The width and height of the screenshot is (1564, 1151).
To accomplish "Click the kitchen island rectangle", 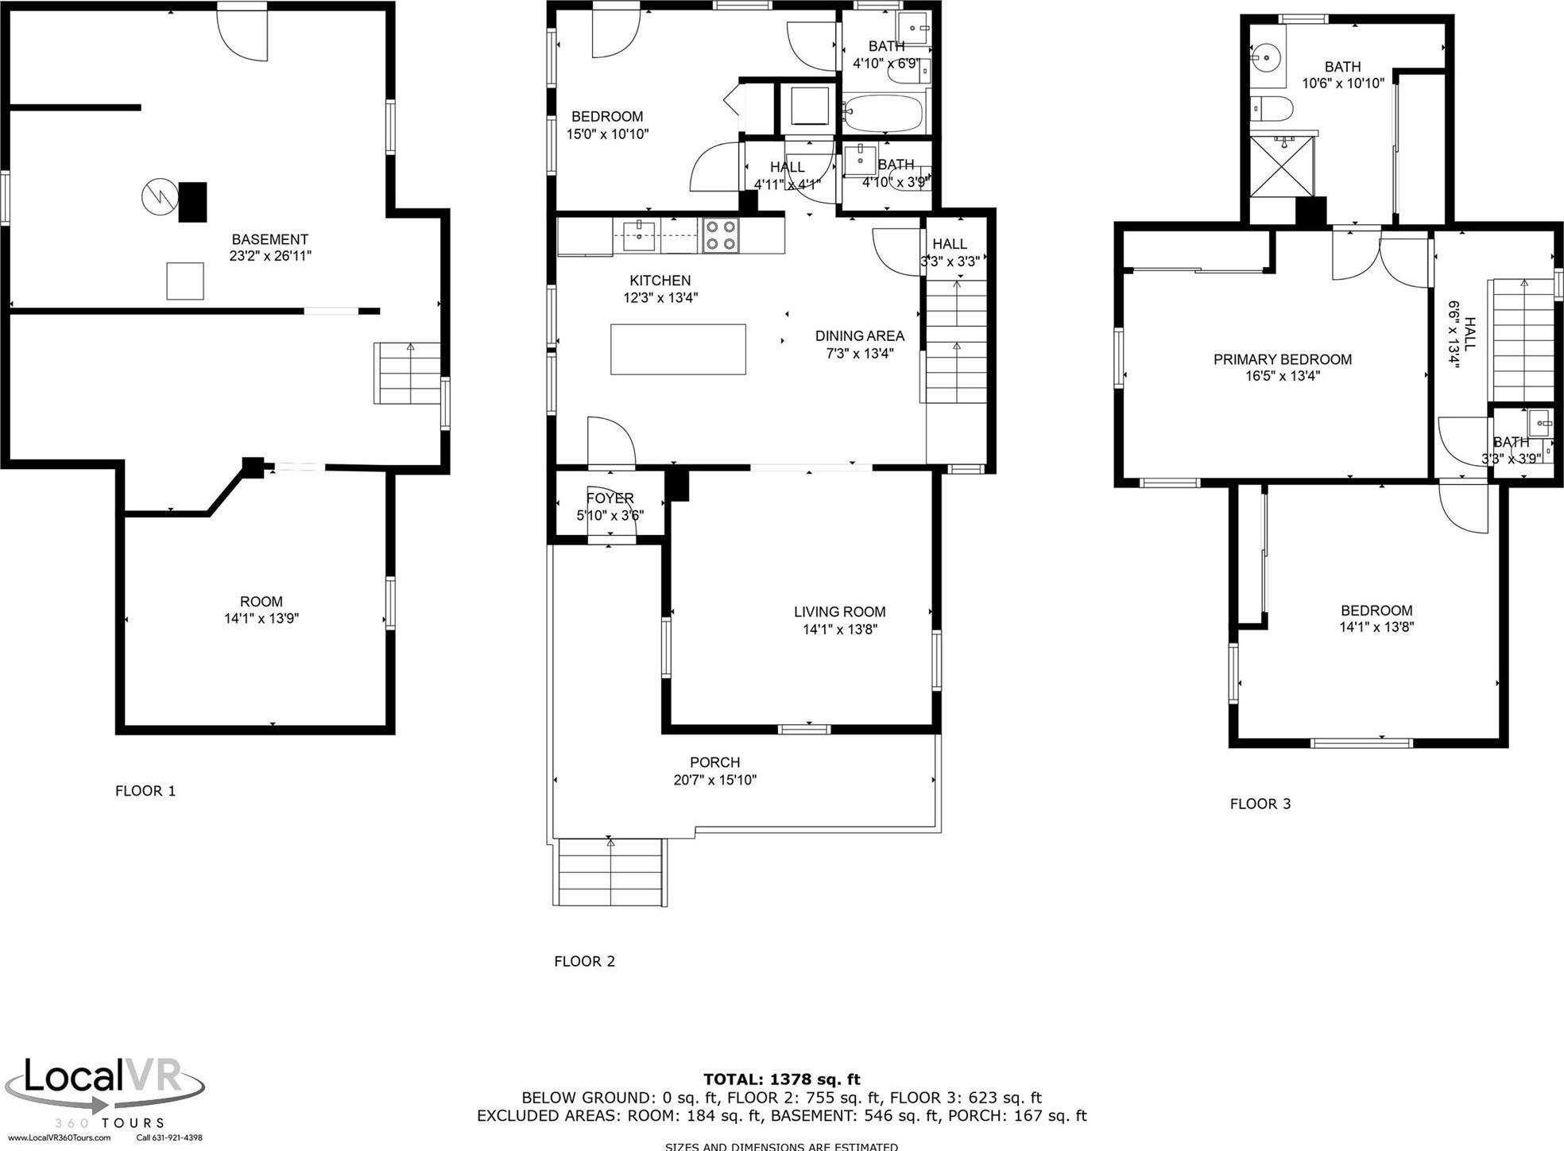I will coord(678,349).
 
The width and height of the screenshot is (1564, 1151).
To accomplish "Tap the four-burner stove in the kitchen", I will coord(721,235).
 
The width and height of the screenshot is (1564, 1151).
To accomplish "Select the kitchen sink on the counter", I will coord(639,231).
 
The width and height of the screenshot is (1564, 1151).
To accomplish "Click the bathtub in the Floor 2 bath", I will coord(883,114).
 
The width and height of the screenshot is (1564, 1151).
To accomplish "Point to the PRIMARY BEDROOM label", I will coord(1282,359).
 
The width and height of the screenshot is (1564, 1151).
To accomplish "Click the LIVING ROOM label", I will coord(839,611).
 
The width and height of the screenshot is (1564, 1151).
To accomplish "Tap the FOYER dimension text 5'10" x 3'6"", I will coord(610,516).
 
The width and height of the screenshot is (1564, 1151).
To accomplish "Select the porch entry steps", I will coord(610,872).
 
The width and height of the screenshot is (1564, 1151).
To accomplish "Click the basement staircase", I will coord(408,374).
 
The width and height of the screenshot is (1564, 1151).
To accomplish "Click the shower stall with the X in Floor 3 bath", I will coord(1282,165).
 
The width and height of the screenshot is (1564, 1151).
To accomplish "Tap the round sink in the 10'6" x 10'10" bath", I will coord(1264,56).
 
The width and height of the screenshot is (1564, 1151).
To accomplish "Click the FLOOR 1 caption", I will coord(145,791).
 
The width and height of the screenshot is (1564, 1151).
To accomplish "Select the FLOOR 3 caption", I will coord(1260,804).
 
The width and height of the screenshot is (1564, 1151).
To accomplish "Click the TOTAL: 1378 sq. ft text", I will coord(781,1079).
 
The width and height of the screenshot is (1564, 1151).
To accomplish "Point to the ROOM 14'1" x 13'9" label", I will coord(261,610).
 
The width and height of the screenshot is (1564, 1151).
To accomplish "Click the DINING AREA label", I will coord(859,336).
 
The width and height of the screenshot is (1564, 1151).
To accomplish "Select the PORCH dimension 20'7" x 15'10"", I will coord(714,780).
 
